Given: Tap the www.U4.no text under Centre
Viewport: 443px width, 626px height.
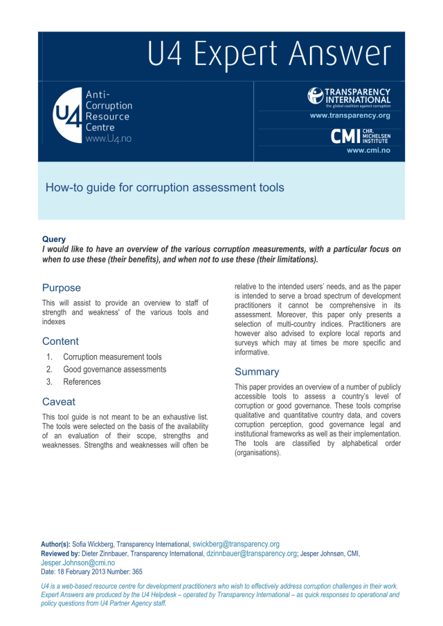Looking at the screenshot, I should click(x=108, y=138).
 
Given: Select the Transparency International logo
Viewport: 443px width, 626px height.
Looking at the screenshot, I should click(x=349, y=97).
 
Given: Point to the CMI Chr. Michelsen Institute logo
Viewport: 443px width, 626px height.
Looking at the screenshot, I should click(x=361, y=136).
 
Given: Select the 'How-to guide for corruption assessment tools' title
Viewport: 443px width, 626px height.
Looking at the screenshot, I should click(x=164, y=187).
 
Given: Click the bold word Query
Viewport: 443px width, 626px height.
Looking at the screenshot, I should click(x=54, y=239).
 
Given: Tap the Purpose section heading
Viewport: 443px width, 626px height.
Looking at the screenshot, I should click(x=61, y=287).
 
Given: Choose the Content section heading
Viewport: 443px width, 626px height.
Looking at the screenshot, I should click(x=60, y=341).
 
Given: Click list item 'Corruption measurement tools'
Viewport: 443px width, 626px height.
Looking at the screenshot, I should click(x=112, y=357).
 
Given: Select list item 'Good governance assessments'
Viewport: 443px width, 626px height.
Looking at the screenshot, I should click(x=114, y=370).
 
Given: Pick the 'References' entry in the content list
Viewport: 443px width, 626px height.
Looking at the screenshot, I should click(x=82, y=382).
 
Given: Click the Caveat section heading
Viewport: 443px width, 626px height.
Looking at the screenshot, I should click(x=59, y=401).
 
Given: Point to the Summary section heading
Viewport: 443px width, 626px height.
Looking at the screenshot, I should click(x=257, y=372).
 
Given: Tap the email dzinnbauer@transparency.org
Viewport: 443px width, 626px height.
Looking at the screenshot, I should click(x=252, y=553).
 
